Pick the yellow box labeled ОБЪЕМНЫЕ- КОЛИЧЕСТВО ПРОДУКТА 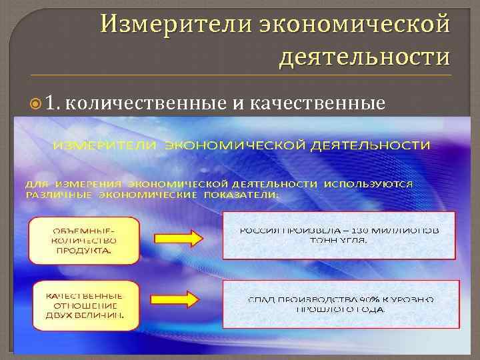[x=83, y=239]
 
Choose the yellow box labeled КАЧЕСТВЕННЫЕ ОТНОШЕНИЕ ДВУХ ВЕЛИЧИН [x=83, y=306]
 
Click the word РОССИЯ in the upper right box [x=259, y=230]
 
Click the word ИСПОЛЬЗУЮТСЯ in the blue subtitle [x=370, y=183]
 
